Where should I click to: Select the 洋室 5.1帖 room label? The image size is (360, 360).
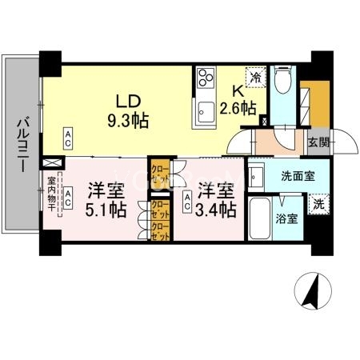106,200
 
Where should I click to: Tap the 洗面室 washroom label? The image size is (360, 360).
298,174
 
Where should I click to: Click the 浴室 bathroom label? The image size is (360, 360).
287,218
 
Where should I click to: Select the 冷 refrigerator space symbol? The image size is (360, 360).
255,78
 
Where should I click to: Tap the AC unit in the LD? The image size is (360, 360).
69,138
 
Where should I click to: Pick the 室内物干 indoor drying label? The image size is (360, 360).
50,195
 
